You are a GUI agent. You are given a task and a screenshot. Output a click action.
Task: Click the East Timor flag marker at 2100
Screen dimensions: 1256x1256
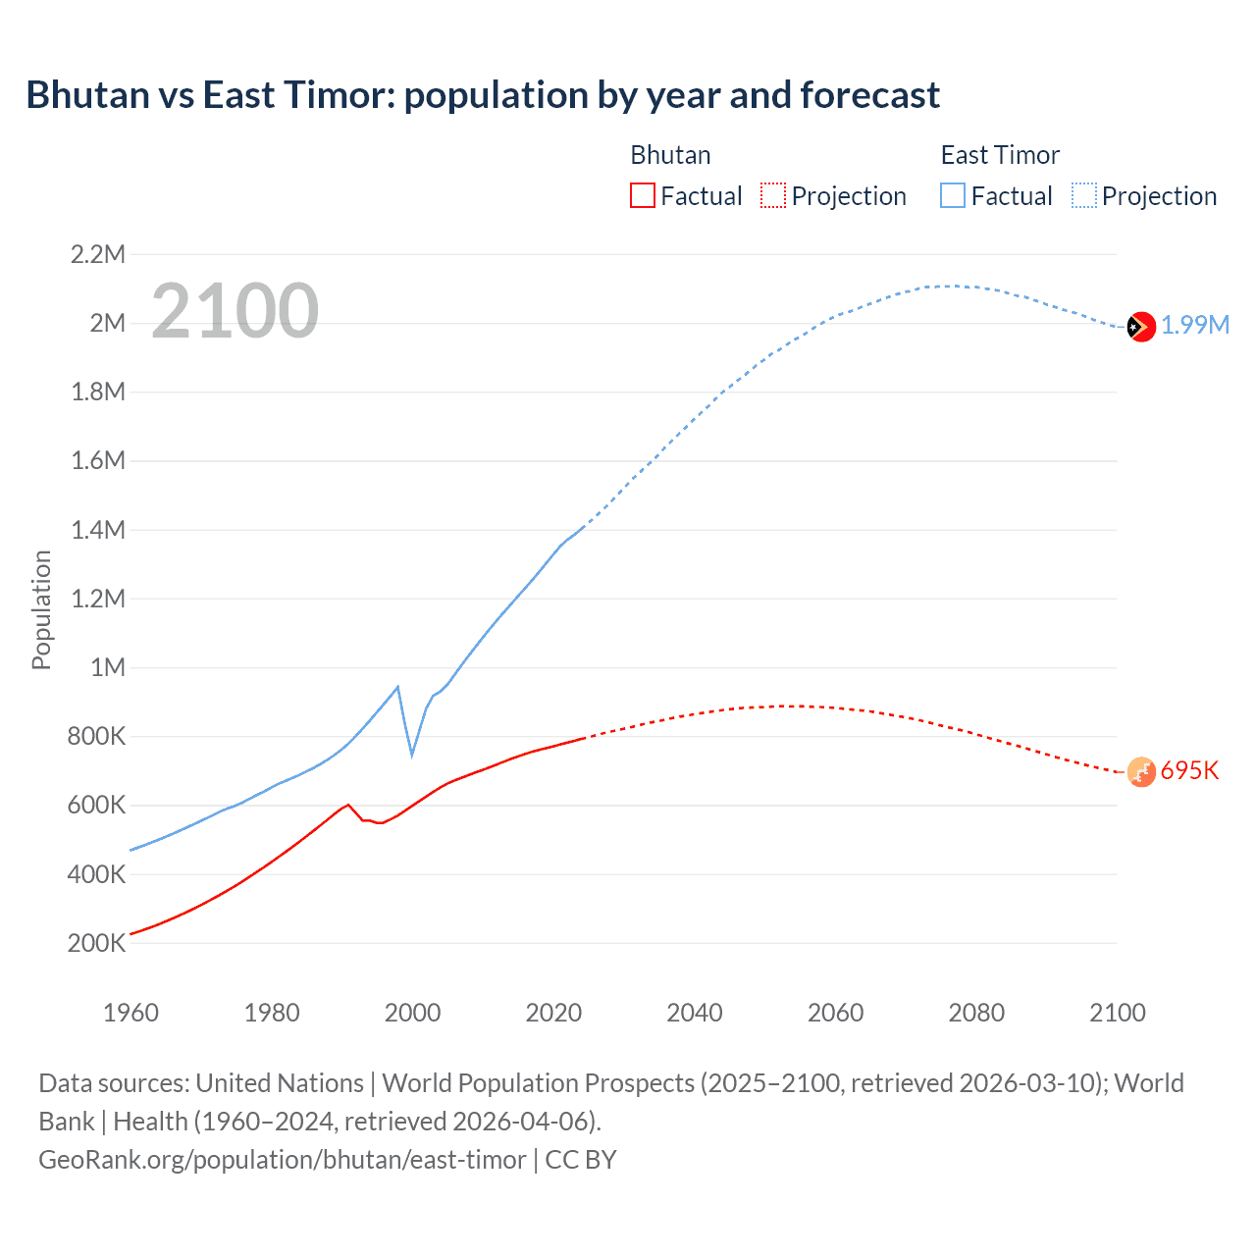[1140, 326]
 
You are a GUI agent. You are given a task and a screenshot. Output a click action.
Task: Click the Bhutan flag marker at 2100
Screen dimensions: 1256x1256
[1140, 772]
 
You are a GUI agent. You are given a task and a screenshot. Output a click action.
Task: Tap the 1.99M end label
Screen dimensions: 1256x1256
[1195, 326]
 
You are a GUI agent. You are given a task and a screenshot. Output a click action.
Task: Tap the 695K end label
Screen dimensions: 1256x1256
[1189, 771]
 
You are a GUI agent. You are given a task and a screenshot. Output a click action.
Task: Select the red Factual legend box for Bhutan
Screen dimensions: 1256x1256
[642, 195]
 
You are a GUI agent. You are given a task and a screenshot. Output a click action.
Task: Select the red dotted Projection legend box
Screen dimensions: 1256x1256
[773, 195]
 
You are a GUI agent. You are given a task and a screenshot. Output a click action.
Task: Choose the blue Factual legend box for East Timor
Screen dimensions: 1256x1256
[952, 195]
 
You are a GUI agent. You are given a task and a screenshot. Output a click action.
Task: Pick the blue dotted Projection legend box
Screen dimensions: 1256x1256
[1084, 195]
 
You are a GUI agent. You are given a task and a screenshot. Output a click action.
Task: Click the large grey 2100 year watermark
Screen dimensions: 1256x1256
[235, 311]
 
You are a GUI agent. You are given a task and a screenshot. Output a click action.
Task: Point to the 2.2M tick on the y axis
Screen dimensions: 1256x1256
[98, 255]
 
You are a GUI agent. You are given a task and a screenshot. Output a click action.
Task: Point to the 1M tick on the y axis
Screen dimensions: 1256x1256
[108, 668]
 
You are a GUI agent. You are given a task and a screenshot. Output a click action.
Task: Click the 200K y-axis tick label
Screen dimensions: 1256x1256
[97, 944]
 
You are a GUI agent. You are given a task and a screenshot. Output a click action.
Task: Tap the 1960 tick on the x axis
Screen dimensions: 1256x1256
[131, 1013]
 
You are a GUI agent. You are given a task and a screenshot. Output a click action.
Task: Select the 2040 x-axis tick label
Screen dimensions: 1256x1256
[695, 1013]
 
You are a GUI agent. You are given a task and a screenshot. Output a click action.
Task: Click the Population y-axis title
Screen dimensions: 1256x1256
[41, 609]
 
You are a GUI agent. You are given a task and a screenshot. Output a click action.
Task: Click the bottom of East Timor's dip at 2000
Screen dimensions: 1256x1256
[412, 755]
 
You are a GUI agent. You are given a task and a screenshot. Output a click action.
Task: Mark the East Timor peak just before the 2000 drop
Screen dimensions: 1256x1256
[397, 687]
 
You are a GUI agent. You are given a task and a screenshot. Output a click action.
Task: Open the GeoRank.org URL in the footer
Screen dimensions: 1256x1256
[283, 1160]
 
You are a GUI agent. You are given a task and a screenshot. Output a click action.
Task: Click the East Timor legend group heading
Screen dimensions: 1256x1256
[1000, 155]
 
